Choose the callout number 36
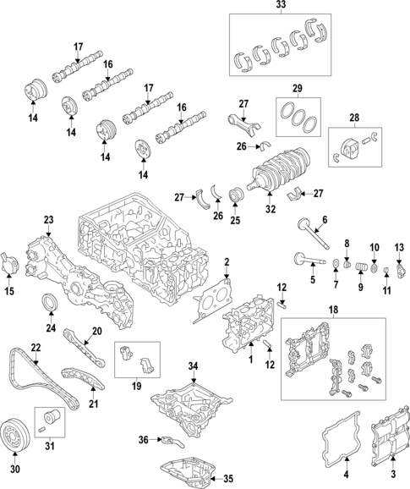[x=143, y=438]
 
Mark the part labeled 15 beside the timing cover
[x=9, y=261]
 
